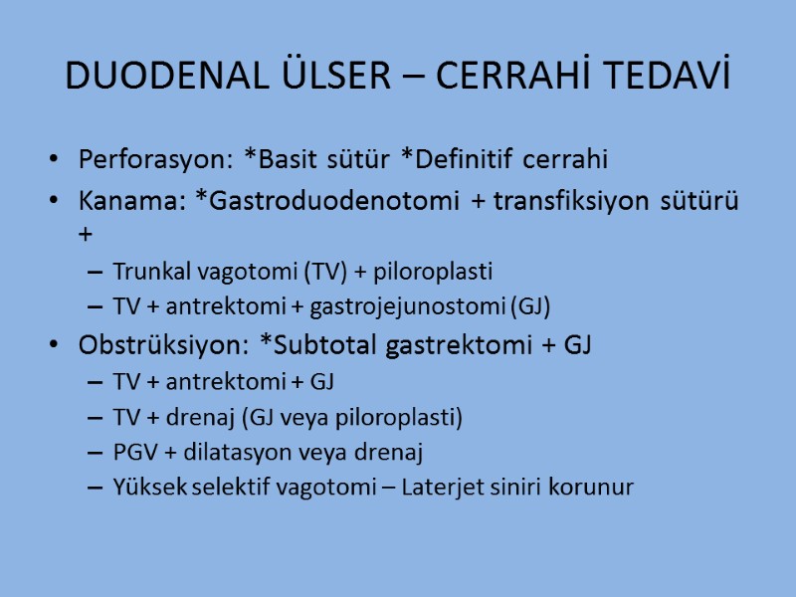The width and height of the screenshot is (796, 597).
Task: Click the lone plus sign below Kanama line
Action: click(85, 236)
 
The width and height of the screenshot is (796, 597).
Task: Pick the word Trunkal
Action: click(147, 272)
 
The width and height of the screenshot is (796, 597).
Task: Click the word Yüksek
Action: click(144, 489)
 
